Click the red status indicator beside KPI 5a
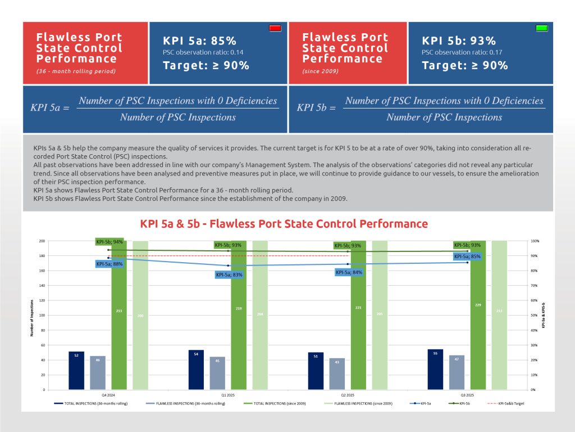tap(275, 28)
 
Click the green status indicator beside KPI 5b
tap(541, 28)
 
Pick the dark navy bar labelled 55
tap(435, 369)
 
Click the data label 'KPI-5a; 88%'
tap(109, 264)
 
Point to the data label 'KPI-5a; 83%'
tap(229, 274)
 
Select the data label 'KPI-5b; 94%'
tap(109, 242)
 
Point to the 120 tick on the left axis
tap(42, 300)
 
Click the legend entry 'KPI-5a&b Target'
tap(506, 404)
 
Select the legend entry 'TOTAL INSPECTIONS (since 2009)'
tap(279, 404)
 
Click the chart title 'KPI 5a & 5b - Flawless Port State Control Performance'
tap(284, 224)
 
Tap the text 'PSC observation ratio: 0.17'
tap(459, 53)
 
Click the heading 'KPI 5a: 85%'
tap(199, 40)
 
